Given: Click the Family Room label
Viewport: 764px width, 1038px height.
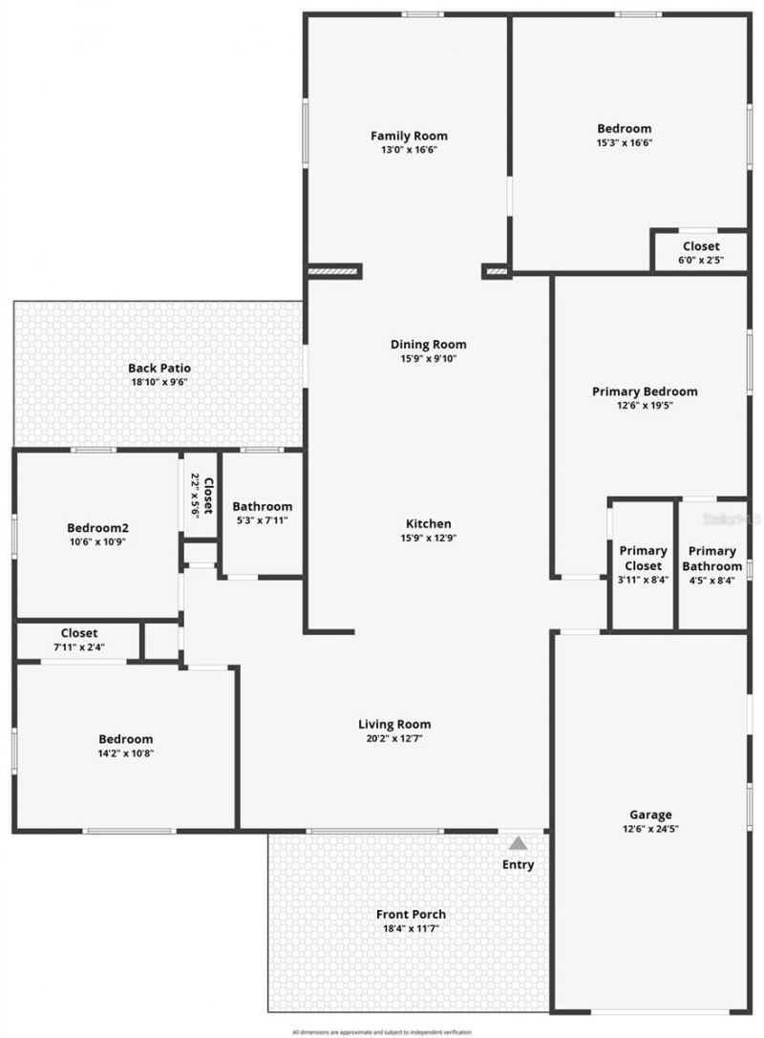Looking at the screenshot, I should point(409,136).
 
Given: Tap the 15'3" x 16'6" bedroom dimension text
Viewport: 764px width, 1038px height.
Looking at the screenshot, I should point(624,142).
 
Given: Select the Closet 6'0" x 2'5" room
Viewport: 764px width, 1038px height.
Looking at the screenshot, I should point(700,252).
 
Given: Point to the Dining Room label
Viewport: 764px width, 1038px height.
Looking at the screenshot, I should point(428,345).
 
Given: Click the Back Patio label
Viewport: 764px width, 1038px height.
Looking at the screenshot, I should point(159,368).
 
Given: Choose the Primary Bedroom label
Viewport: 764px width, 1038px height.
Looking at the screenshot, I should point(645,392).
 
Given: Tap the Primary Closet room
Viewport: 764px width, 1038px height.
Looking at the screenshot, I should point(643,564).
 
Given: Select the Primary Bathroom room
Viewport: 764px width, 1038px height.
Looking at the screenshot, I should point(712,564).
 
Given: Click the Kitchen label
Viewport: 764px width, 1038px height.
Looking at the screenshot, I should point(428,524).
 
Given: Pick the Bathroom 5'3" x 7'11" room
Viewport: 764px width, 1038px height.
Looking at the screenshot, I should point(262,513).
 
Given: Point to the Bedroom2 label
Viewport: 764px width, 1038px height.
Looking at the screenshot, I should point(97,528).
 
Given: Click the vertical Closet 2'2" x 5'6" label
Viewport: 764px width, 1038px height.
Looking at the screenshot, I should point(207,495).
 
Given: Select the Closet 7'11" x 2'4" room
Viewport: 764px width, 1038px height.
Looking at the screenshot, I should point(79,639).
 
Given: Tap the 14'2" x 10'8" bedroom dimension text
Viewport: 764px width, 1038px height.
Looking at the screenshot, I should point(126,752).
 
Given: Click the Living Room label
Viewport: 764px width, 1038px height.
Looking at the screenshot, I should point(394,724).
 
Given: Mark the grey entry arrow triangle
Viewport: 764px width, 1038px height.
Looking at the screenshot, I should point(518,843).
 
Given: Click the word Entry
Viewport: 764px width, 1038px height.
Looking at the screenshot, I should point(519,865).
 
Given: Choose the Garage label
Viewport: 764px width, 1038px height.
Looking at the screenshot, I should point(650,815).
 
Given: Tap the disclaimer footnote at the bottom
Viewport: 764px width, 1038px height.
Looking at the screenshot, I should point(382,1032).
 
